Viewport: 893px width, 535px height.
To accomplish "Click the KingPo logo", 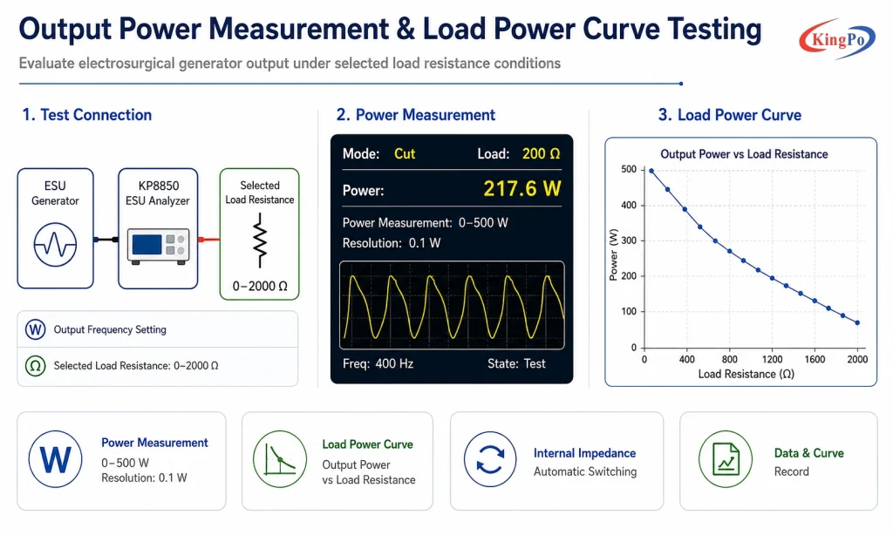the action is [836, 38].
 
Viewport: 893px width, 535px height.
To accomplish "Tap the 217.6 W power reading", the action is [522, 188].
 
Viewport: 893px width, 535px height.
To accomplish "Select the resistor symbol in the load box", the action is [260, 240].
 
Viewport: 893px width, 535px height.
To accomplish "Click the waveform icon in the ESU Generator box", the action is [55, 245].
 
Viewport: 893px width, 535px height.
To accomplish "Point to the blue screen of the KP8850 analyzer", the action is [147, 245].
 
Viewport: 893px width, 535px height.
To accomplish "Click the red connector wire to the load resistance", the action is [209, 240].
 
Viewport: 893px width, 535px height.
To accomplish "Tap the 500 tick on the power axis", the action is [629, 170].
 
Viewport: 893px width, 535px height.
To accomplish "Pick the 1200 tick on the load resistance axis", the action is [773, 359].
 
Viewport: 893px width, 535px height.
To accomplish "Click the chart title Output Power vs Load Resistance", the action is [744, 154].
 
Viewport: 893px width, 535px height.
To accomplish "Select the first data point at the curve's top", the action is [651, 171].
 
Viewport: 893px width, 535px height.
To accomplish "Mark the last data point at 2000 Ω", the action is [858, 322].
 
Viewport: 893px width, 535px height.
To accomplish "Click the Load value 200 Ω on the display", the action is [541, 153].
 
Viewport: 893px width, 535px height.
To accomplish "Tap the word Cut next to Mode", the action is [405, 153].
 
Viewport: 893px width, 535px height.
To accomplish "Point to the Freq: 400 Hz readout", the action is [378, 363].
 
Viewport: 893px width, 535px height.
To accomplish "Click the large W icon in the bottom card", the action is [55, 459].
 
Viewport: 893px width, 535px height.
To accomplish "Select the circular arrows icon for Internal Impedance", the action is [490, 459].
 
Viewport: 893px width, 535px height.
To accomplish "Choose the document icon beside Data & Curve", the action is [726, 459].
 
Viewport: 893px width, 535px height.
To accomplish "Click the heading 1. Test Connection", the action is [87, 115].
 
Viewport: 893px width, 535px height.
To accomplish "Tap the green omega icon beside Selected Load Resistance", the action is [35, 365].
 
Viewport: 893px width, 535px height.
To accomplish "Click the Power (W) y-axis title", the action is [613, 255].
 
